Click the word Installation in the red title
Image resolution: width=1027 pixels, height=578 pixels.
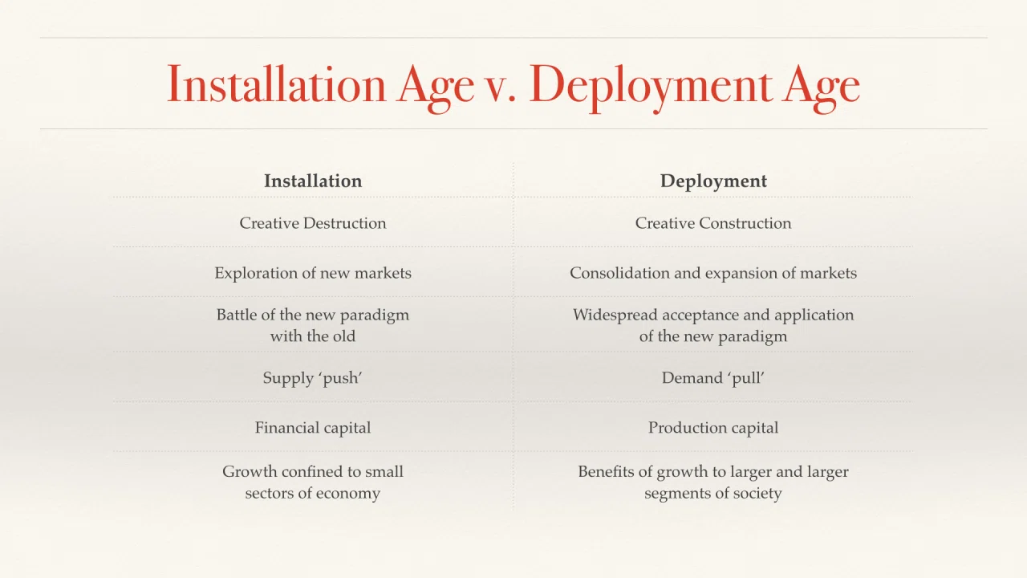277,84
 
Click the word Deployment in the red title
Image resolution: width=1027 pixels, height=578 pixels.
651,88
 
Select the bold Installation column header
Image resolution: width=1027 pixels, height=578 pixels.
313,181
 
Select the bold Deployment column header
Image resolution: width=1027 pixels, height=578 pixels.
713,181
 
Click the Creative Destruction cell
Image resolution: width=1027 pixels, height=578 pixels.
313,223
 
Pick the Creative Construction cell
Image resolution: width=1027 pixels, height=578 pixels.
713,223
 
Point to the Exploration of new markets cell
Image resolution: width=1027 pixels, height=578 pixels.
313,273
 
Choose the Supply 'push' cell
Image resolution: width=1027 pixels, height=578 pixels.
313,378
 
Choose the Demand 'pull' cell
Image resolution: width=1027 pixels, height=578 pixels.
713,377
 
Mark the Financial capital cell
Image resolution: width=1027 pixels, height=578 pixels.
313,428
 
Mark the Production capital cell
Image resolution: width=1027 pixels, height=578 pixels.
713,428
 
